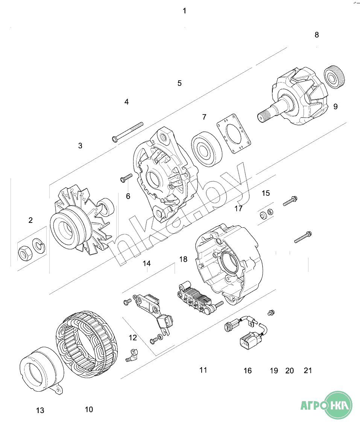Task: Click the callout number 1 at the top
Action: (184, 11)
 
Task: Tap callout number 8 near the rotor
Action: (317, 35)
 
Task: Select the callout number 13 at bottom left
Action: (40, 410)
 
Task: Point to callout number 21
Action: (308, 371)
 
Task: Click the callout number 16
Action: (248, 371)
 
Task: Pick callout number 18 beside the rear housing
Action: (184, 259)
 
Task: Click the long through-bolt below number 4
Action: (128, 132)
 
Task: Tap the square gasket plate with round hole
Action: (234, 134)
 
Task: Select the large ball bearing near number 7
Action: (207, 149)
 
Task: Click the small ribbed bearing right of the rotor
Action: (334, 77)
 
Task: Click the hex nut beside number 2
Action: (25, 253)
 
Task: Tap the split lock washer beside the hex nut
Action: (39, 245)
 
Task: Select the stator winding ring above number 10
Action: (87, 344)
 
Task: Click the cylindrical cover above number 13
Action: (41, 370)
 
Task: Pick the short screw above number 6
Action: (126, 178)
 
